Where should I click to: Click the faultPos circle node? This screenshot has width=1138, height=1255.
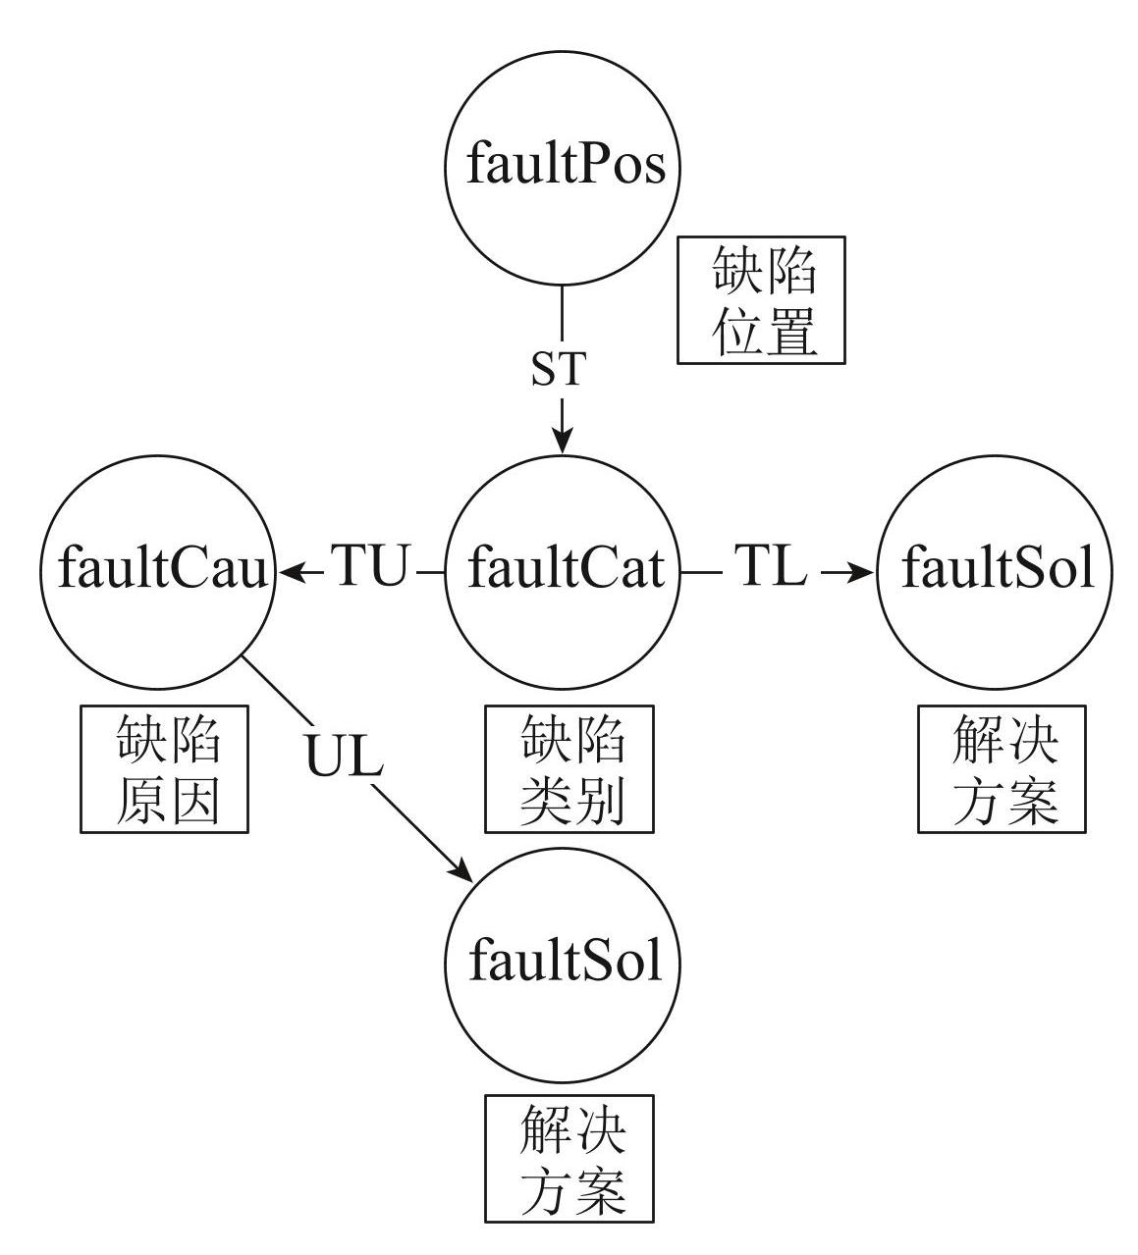click(563, 167)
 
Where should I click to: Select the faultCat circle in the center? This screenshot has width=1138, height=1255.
click(563, 570)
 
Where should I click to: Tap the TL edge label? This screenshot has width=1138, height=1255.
click(770, 566)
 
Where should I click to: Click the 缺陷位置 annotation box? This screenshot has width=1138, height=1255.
click(761, 299)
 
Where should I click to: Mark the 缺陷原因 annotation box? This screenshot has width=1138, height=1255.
click(165, 769)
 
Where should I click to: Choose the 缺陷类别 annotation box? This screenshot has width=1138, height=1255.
click(569, 769)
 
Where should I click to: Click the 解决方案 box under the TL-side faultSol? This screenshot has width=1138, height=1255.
click(1002, 769)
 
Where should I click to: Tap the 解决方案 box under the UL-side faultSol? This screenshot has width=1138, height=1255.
click(569, 1159)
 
